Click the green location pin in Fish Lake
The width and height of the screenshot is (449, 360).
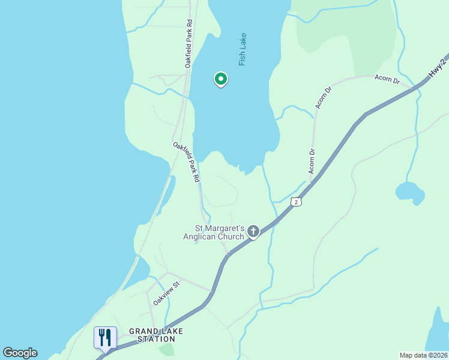[220, 79]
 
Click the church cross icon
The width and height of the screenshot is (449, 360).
[253, 231]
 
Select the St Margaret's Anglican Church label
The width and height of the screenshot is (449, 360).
[220, 232]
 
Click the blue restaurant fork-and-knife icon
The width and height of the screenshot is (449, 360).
[105, 337]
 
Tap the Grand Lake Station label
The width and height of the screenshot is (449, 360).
[156, 335]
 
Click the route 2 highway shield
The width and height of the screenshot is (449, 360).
[296, 202]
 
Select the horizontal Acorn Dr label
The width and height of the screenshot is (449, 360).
[387, 79]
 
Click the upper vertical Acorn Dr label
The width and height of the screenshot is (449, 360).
[323, 98]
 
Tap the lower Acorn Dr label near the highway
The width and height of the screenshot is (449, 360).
[312, 161]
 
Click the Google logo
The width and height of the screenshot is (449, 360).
[20, 353]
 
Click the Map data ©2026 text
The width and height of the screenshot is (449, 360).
[424, 355]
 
